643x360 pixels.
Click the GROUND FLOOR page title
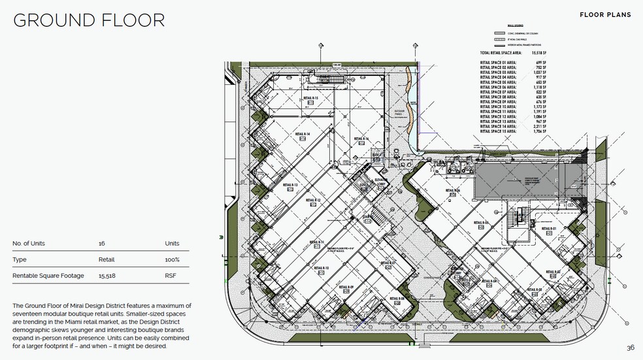[89, 20]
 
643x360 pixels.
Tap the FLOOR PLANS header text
[605, 14]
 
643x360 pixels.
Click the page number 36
[630, 348]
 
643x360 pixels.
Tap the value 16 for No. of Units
[101, 244]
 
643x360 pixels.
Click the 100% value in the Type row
[172, 259]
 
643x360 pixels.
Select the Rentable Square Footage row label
[48, 276]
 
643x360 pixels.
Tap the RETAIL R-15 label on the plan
[310, 98]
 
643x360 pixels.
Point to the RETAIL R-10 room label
[321, 268]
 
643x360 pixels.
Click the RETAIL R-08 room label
[399, 298]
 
